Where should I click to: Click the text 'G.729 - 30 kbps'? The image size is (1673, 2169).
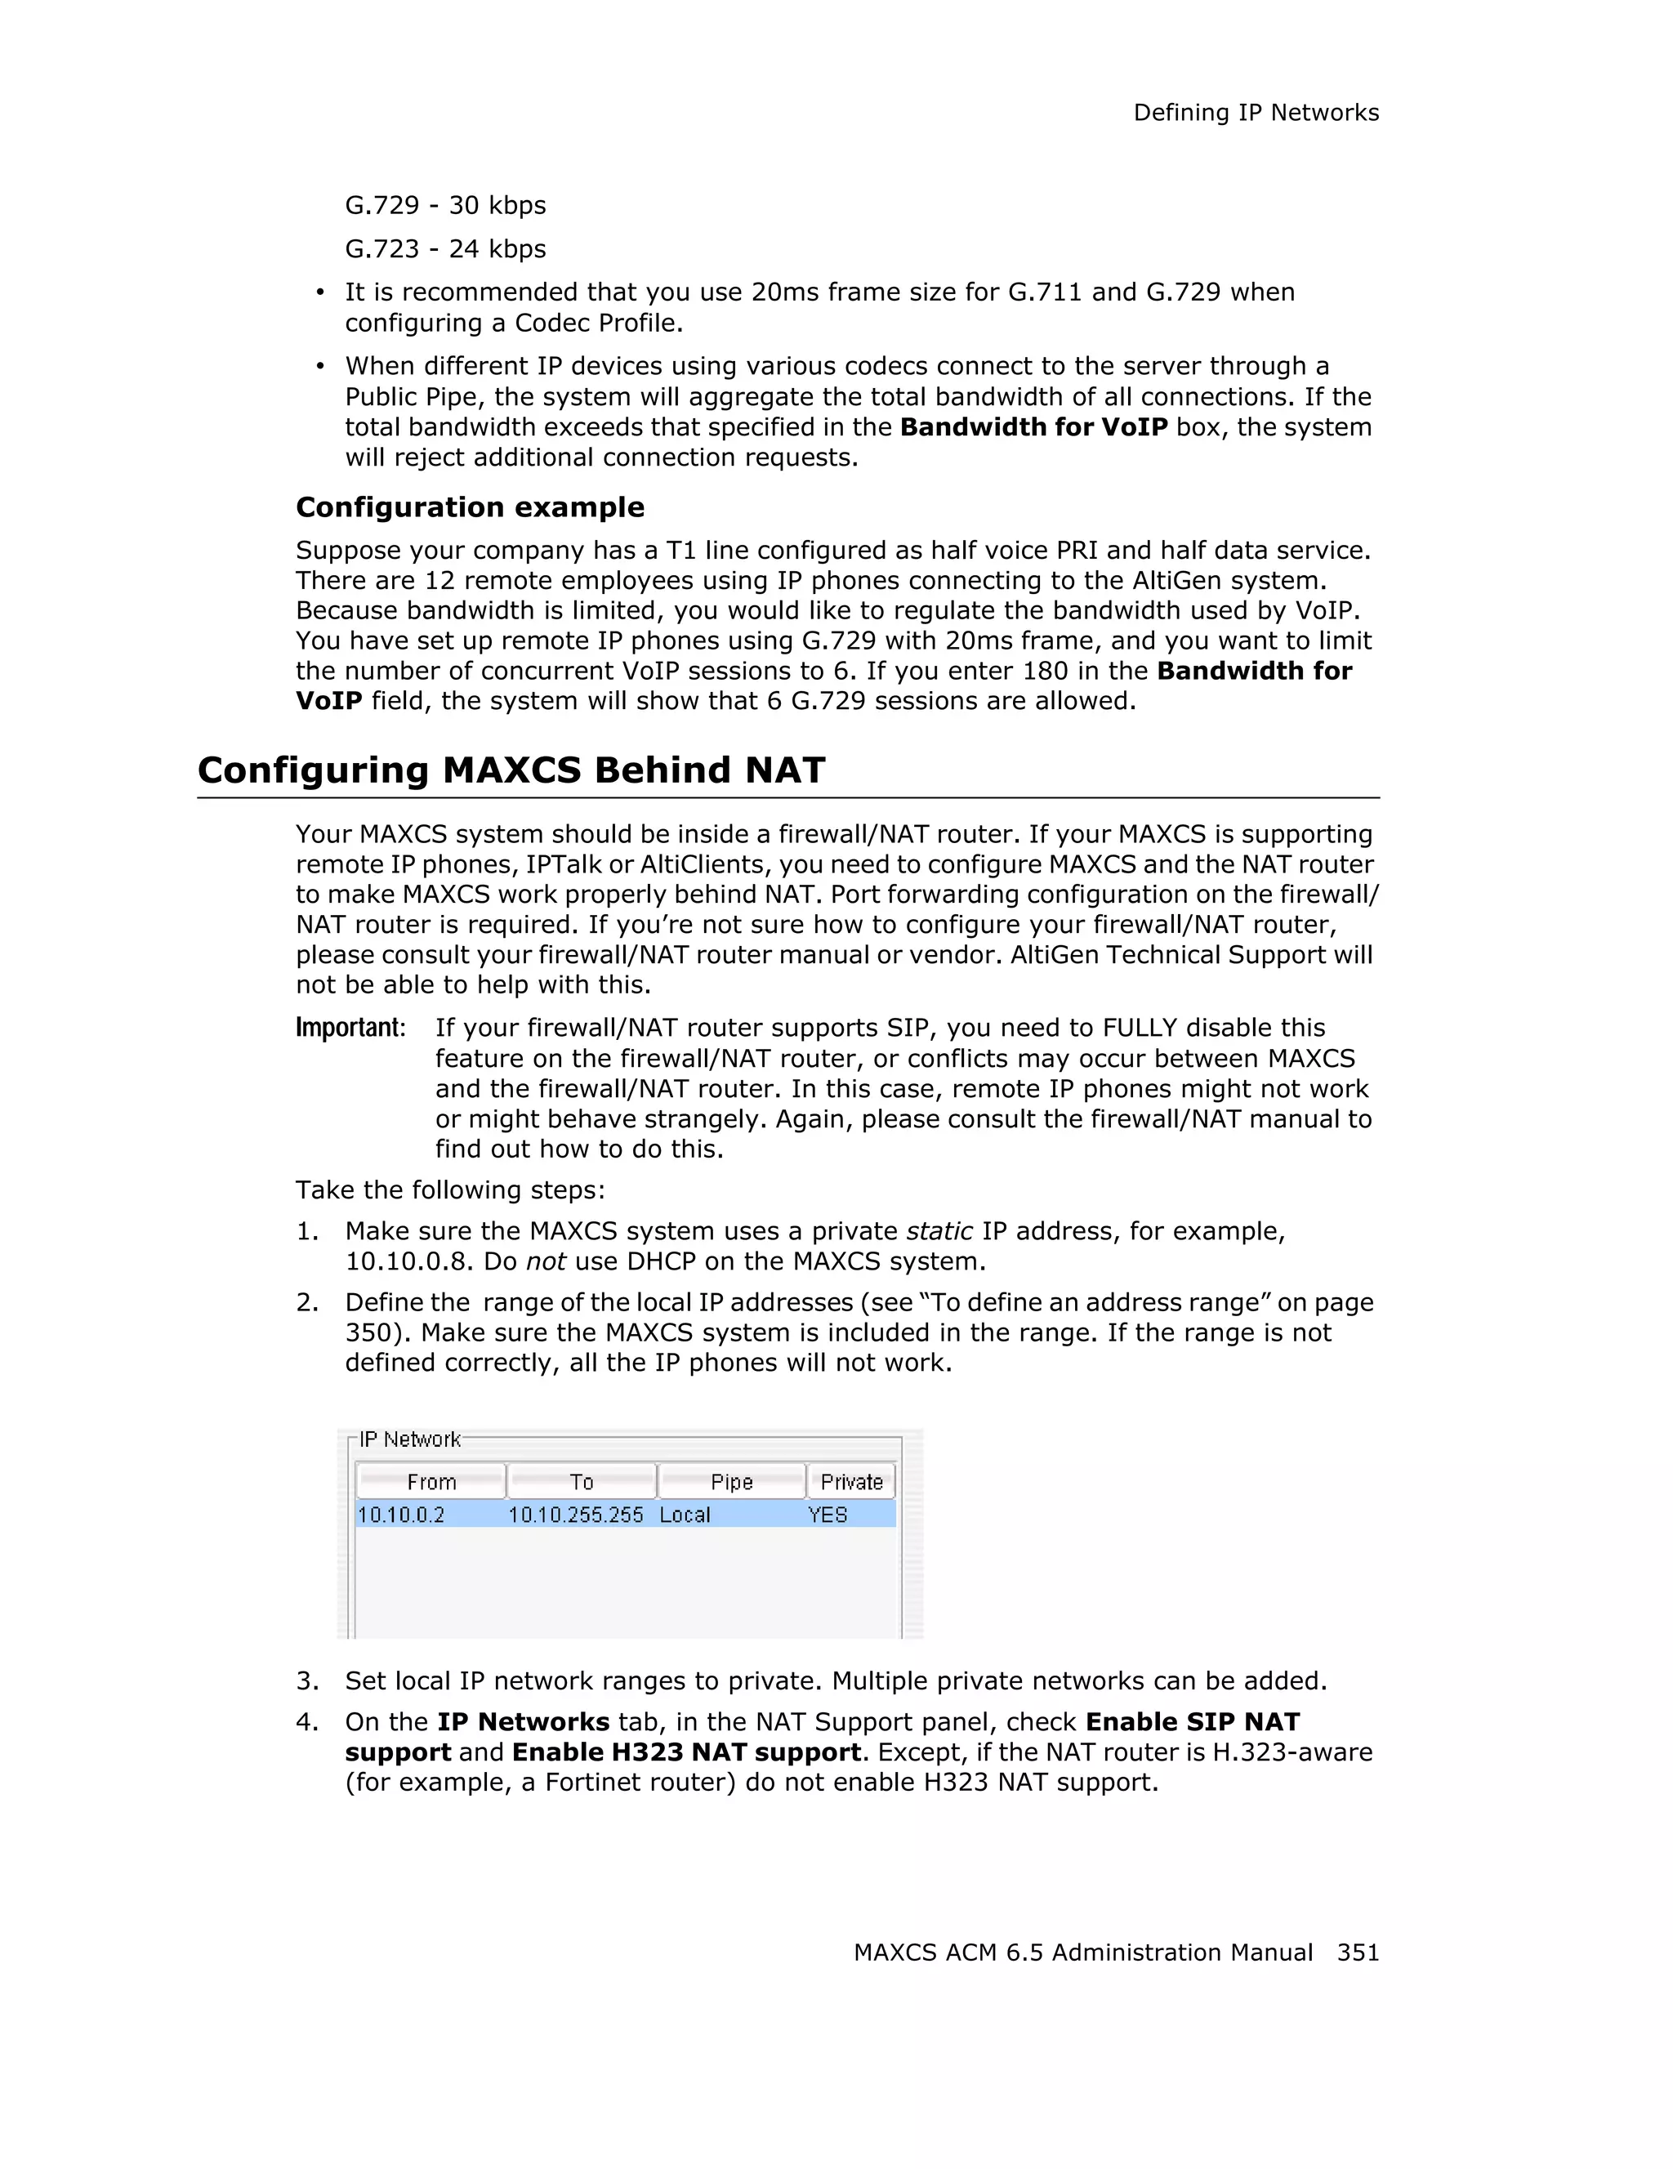tap(445, 206)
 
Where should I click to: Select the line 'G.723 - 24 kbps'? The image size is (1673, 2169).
tap(445, 249)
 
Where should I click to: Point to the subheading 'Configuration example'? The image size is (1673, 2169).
tap(470, 507)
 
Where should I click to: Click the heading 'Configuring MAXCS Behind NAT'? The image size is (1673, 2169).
tap(511, 770)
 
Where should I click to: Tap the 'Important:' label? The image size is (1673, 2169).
tap(350, 1028)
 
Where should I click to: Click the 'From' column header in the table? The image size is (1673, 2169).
tap(431, 1482)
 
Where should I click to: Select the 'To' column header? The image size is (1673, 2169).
tap(582, 1482)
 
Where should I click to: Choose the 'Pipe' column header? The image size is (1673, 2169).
tap(732, 1482)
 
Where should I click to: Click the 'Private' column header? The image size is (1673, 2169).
tap(851, 1482)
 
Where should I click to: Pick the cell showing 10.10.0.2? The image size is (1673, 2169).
tap(401, 1515)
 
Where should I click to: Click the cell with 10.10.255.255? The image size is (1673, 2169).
tap(576, 1515)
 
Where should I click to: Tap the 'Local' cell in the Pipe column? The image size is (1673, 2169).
tap(685, 1515)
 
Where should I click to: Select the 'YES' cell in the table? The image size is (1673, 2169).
tap(827, 1515)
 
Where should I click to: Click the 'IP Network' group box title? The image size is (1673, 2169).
tap(409, 1440)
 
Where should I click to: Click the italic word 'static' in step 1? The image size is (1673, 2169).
tap(939, 1231)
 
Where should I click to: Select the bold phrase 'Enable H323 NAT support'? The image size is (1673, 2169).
tap(686, 1753)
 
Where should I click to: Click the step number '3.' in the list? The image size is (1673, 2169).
tap(307, 1681)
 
